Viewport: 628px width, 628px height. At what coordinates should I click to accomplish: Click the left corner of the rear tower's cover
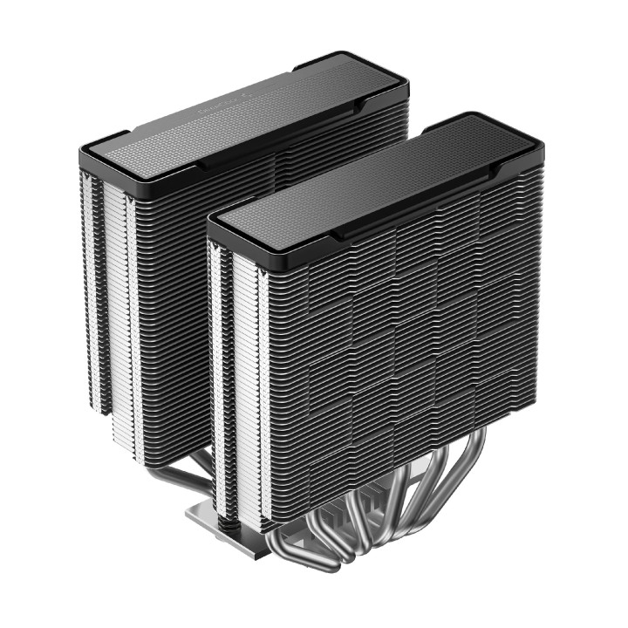coord(85,157)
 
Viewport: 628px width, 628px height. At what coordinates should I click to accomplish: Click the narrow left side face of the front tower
coord(235,384)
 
